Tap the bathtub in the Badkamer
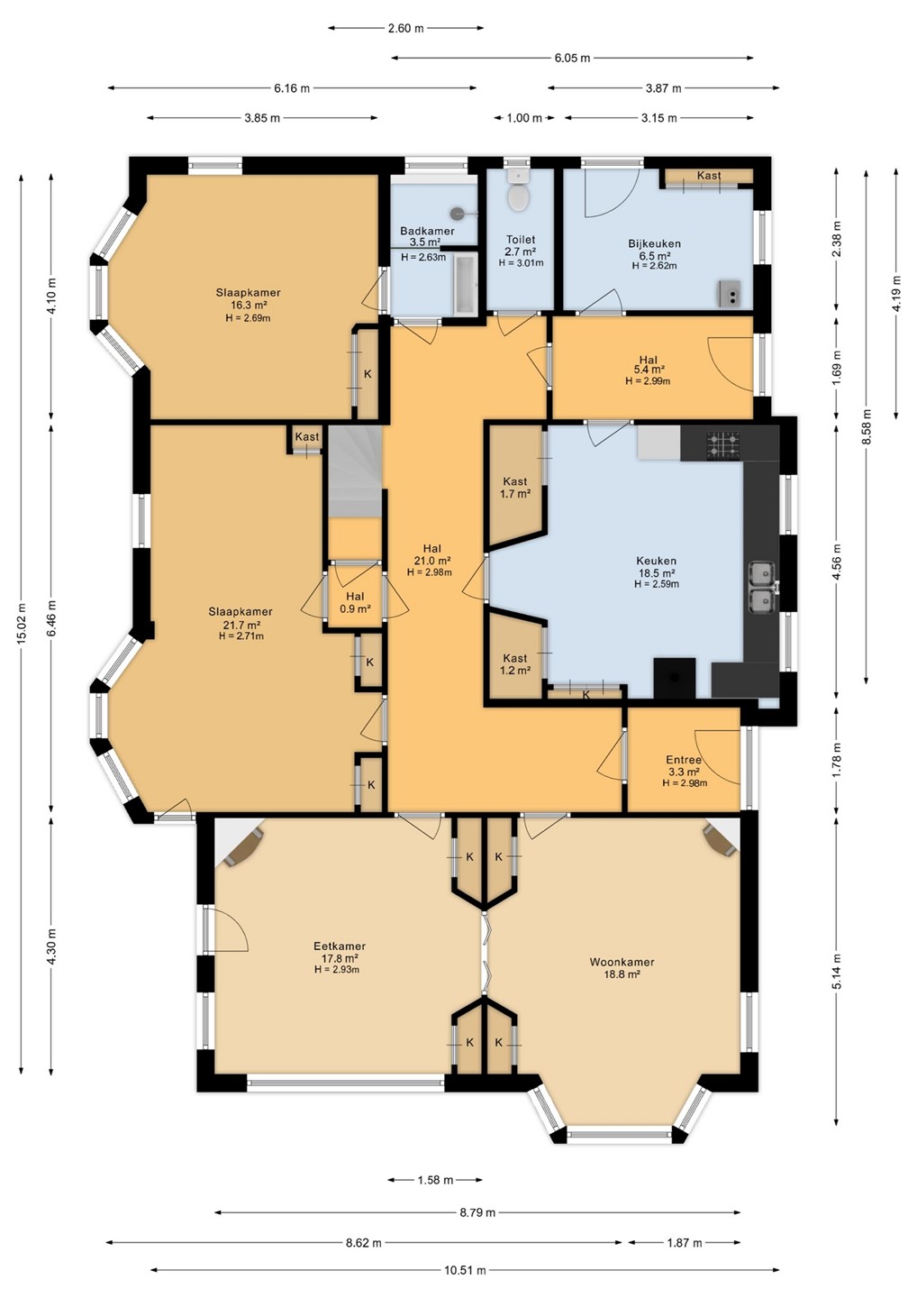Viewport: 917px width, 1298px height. [465, 284]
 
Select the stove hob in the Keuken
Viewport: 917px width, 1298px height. [722, 444]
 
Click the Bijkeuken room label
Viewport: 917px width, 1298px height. [654, 243]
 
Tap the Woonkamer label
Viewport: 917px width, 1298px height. [622, 961]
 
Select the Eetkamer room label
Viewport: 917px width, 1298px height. [340, 946]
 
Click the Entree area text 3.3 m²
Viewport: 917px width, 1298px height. [684, 772]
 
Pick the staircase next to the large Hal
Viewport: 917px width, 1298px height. [355, 471]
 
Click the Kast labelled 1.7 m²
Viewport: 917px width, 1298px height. [514, 488]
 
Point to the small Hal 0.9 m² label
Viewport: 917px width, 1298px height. [355, 603]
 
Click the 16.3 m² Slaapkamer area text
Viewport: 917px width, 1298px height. [249, 305]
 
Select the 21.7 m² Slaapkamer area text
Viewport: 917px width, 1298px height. [241, 624]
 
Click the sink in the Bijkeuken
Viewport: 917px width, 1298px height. [730, 293]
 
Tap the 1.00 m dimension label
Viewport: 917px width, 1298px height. [524, 118]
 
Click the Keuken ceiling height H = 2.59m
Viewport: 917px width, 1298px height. [657, 584]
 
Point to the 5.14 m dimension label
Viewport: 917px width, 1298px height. [837, 964]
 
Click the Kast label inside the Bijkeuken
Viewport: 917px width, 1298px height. [709, 175]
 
